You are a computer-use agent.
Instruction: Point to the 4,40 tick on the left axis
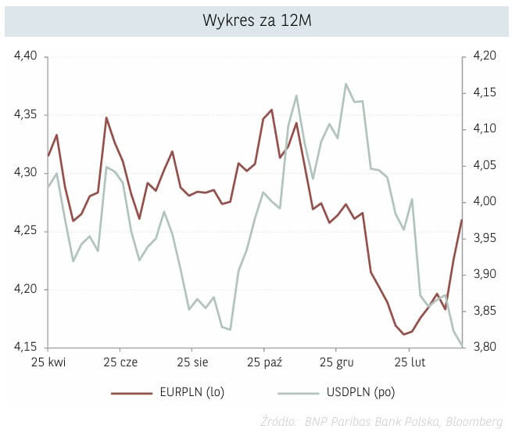point(26,56)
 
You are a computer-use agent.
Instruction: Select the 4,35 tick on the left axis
point(26,115)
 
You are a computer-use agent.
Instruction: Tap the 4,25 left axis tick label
point(26,231)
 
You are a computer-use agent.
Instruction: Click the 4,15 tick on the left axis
point(26,348)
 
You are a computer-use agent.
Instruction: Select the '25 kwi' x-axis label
point(48,363)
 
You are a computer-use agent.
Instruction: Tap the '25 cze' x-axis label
point(120,363)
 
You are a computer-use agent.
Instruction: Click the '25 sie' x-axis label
point(191,363)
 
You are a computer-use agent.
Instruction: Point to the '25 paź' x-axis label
point(264,363)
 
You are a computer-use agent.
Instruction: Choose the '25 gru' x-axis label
point(336,363)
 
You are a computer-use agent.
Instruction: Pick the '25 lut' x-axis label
point(409,363)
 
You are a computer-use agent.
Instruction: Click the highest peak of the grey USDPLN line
point(345,84)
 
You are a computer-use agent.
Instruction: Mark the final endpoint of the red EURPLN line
point(462,220)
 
